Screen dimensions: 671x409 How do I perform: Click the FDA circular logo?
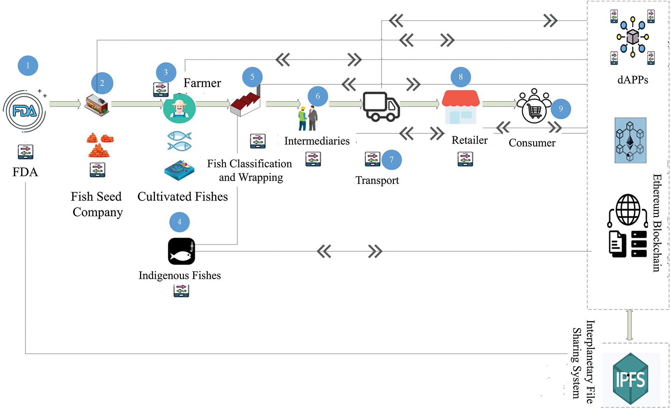tap(24, 111)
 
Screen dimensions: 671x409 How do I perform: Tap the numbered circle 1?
tap(28, 66)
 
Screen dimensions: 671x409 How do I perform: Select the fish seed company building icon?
tap(97, 105)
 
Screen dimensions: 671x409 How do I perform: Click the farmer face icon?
tap(179, 108)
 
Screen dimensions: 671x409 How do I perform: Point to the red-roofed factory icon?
tap(245, 100)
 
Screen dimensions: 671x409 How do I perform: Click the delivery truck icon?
tap(381, 107)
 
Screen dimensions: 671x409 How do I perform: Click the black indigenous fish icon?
tap(182, 251)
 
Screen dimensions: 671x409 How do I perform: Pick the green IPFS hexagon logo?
tap(631, 378)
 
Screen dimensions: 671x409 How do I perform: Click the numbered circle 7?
tap(392, 160)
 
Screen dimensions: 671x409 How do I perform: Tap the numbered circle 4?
tap(179, 222)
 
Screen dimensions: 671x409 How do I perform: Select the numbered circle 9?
tap(561, 109)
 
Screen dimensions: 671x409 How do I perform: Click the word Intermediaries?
tap(317, 141)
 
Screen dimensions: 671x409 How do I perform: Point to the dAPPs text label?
tap(633, 80)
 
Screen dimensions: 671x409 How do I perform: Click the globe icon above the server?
tap(628, 210)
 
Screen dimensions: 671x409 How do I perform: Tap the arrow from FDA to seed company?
tap(65, 104)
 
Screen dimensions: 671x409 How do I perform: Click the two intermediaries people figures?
tap(308, 118)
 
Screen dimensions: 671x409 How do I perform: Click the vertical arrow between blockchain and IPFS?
tap(629, 325)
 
